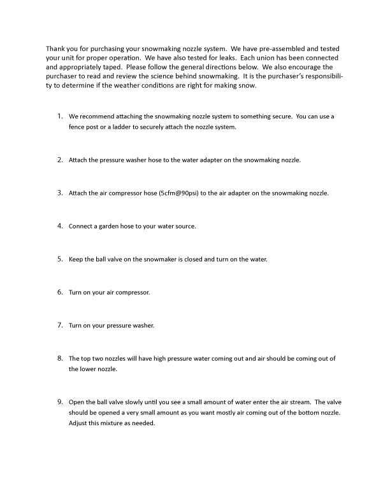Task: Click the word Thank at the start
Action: (x=55, y=48)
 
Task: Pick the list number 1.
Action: (x=60, y=116)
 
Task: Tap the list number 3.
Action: (x=60, y=192)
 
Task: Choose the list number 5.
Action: (x=60, y=258)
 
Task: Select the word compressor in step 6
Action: (x=133, y=292)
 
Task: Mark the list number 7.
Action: (x=60, y=325)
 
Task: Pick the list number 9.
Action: (x=60, y=402)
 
